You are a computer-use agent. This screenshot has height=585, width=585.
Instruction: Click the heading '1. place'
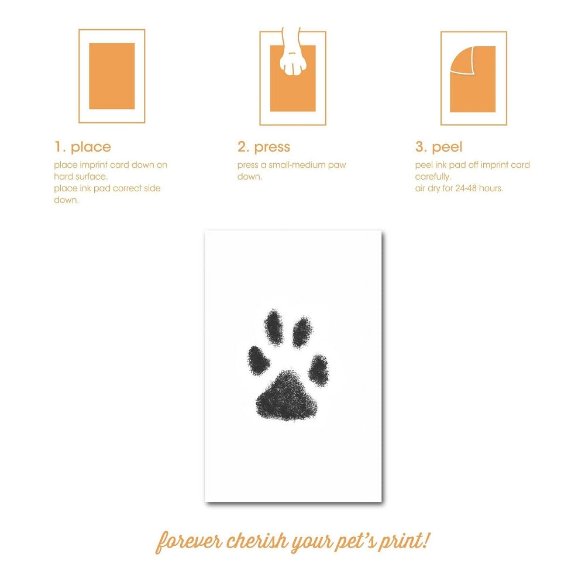coord(83,147)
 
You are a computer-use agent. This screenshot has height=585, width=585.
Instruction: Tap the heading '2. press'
coord(264,147)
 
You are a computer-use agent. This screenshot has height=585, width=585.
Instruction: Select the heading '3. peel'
coord(439,147)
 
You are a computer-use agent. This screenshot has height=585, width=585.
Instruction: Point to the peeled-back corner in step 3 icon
coord(462,60)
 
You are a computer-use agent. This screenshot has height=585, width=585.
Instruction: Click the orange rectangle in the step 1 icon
coord(112,76)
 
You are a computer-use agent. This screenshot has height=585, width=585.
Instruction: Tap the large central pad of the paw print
coord(287,396)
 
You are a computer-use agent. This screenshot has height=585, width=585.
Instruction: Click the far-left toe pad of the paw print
coord(259,360)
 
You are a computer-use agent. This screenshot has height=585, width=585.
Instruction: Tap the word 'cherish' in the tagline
coord(257,541)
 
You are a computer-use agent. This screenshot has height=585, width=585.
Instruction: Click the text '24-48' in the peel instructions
coord(466,188)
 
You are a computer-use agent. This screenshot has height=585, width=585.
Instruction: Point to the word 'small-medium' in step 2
coord(297,165)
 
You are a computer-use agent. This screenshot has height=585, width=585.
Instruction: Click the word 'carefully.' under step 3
coord(433,177)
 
